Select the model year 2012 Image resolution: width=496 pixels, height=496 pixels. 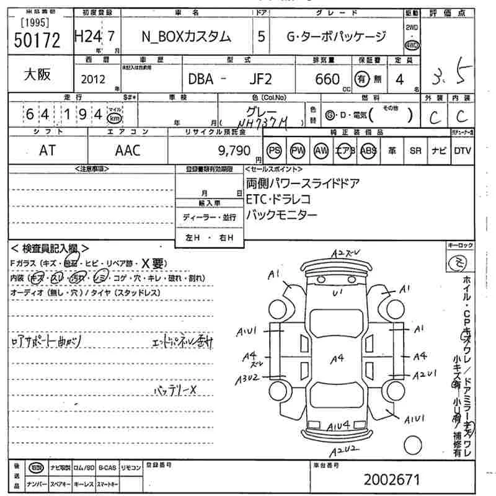[x=93, y=79]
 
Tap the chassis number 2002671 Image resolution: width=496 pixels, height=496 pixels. [x=392, y=479]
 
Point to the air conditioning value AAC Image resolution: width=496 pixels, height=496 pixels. [x=128, y=150]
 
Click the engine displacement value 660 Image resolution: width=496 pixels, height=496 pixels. [x=327, y=79]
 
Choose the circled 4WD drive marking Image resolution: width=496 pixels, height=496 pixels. [x=411, y=45]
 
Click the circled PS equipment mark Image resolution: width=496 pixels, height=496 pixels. [x=273, y=151]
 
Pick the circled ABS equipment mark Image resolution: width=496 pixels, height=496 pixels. [x=368, y=151]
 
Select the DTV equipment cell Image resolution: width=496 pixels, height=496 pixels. [x=462, y=151]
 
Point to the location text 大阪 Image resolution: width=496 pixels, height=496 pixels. [x=37, y=74]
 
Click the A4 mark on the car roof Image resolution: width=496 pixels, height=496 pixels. [x=337, y=358]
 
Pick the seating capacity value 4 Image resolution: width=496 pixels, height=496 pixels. [x=400, y=79]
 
